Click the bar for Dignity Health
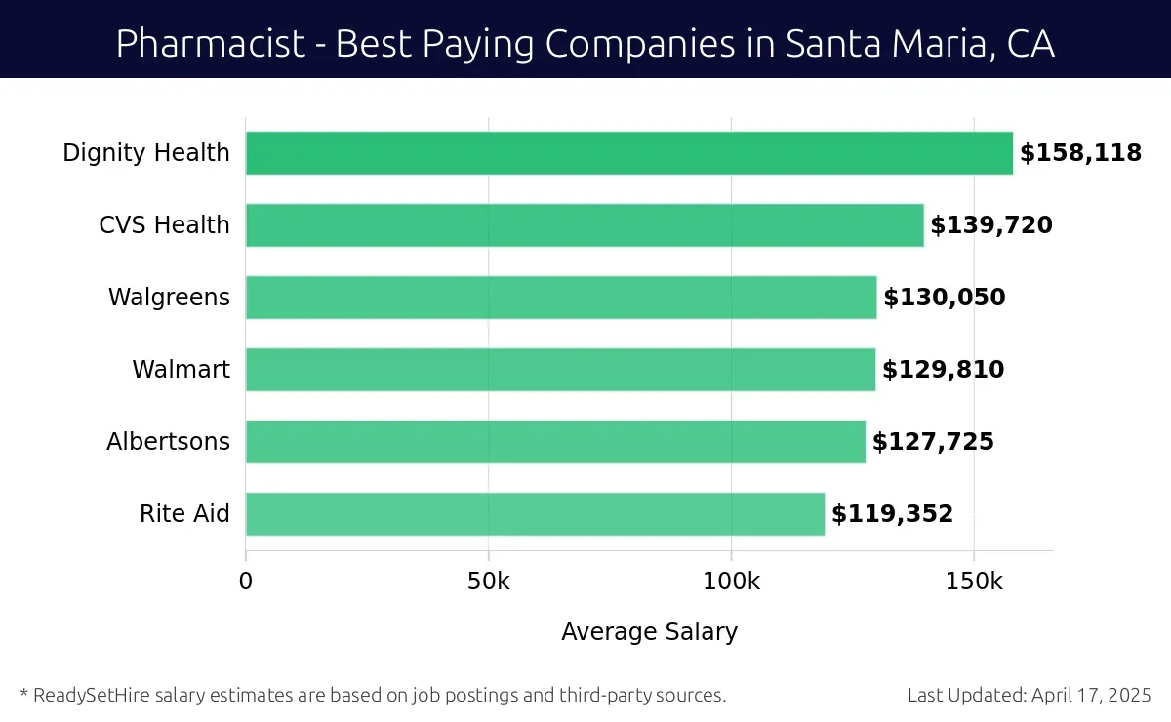pyautogui.click(x=628, y=153)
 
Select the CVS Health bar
pyautogui.click(x=584, y=225)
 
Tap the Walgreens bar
pyautogui.click(x=561, y=298)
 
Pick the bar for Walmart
pyautogui.click(x=560, y=370)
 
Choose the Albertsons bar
pyautogui.click(x=555, y=442)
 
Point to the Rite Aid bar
pyautogui.click(x=535, y=514)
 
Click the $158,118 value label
pyautogui.click(x=1080, y=153)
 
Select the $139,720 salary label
pyautogui.click(x=990, y=225)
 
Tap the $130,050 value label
pyautogui.click(x=944, y=298)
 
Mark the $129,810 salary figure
pyautogui.click(x=943, y=370)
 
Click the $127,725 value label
pyautogui.click(x=933, y=442)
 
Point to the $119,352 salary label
pyautogui.click(x=892, y=514)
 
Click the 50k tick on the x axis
pyautogui.click(x=488, y=582)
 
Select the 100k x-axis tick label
pyautogui.click(x=732, y=582)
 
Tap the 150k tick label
pyautogui.click(x=974, y=582)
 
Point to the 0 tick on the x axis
pyautogui.click(x=246, y=582)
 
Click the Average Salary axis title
pyautogui.click(x=649, y=632)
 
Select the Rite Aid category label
pyautogui.click(x=184, y=514)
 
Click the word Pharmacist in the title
pyautogui.click(x=210, y=44)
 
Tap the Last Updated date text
pyautogui.click(x=1029, y=696)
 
